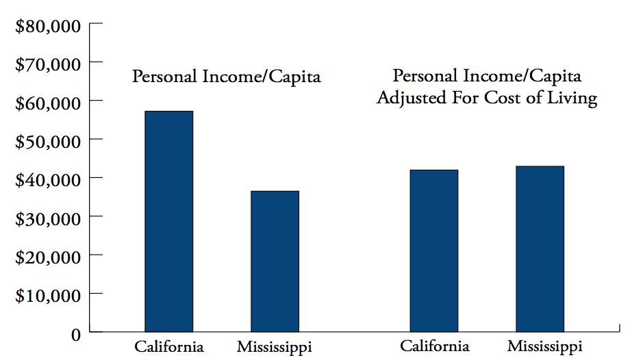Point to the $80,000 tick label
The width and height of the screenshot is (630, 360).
[48, 27]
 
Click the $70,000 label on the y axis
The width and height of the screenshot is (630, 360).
[48, 65]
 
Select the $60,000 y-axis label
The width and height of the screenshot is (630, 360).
[48, 103]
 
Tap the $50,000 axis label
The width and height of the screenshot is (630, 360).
[48, 142]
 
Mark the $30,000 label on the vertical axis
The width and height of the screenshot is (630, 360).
[48, 219]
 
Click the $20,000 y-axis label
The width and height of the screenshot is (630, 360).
[48, 257]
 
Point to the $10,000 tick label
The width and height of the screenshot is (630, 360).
[48, 296]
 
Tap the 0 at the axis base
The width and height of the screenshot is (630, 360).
[76, 335]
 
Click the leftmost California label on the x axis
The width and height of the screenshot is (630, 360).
[169, 346]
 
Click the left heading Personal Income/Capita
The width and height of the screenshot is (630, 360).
[226, 76]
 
